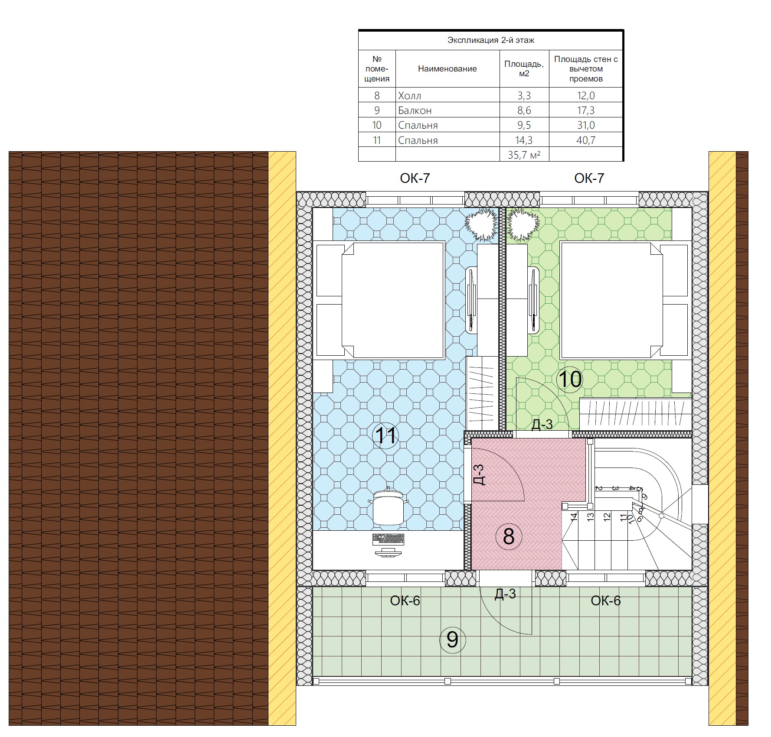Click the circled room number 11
click(x=385, y=435)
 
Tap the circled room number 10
click(x=570, y=380)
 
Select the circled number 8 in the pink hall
click(x=509, y=536)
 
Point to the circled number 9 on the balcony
click(x=452, y=640)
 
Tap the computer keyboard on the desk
click(x=388, y=539)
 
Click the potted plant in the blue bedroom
click(x=481, y=224)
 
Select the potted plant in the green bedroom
click(x=524, y=224)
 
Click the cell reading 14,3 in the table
click(x=524, y=140)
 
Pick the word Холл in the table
click(x=409, y=96)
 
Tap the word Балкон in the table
click(x=415, y=110)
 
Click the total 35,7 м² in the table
click(x=524, y=155)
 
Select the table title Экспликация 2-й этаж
click(x=491, y=40)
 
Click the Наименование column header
click(x=447, y=68)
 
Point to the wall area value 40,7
click(x=586, y=140)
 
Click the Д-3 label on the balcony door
click(x=505, y=594)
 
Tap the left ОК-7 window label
click(x=415, y=178)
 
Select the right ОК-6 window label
click(x=606, y=601)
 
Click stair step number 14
click(x=574, y=516)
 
